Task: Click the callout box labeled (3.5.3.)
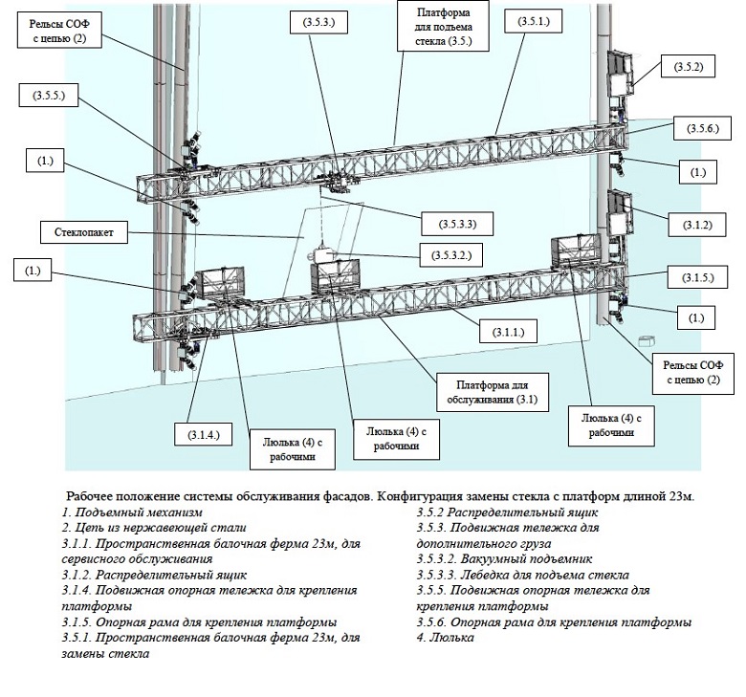[x=317, y=22]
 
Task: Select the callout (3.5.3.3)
[x=447, y=224]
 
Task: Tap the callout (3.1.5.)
[x=698, y=277]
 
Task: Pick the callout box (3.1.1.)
[x=508, y=332]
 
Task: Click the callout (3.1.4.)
[x=198, y=434]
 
